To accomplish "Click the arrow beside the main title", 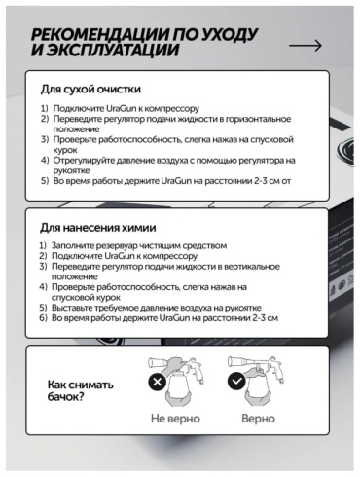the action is point(306,46).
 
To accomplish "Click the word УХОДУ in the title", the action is point(230,34).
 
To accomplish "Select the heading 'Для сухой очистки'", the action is point(90,89).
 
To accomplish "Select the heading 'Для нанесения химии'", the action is point(97,228).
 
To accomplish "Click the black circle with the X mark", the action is point(158,382).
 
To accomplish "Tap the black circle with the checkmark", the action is point(236,381).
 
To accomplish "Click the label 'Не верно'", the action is point(175,419).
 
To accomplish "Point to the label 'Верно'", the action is point(258,419).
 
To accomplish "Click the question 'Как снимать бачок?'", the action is point(81,390).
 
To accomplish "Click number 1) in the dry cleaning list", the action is point(44,108).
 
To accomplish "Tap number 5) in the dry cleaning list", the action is point(45,181).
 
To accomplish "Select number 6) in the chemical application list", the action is point(43,318).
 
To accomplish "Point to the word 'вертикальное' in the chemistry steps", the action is point(250,267).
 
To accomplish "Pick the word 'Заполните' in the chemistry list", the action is point(70,245).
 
